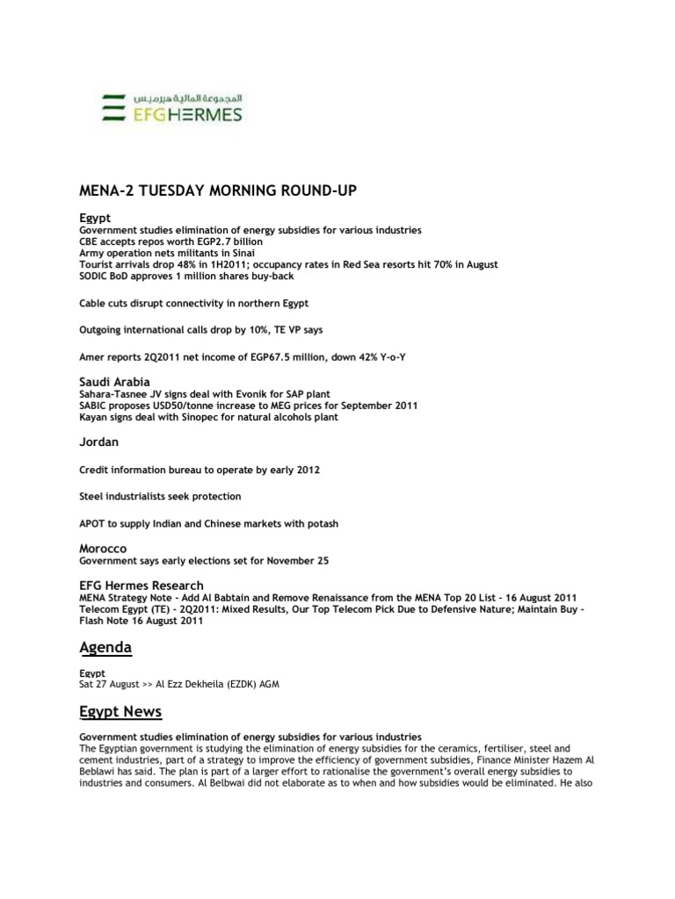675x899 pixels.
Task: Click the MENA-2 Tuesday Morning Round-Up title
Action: click(218, 191)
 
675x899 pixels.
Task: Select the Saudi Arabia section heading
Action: click(115, 382)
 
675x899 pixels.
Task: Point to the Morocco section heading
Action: click(104, 548)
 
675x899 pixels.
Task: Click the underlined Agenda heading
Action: click(105, 647)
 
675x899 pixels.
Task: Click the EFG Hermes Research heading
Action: click(142, 585)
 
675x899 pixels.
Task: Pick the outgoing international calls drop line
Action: click(200, 329)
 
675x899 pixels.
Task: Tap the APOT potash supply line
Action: click(208, 523)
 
